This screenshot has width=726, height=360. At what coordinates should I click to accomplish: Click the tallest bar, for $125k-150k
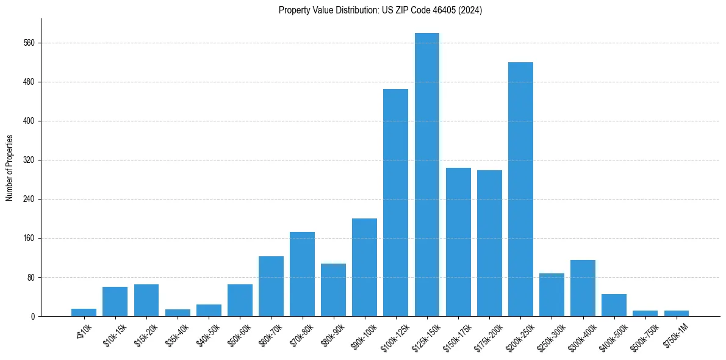(x=426, y=175)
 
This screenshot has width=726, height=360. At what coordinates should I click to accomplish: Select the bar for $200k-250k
(x=520, y=189)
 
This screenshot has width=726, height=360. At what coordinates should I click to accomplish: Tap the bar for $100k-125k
(x=395, y=203)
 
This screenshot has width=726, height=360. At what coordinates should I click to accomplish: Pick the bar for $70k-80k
(x=302, y=274)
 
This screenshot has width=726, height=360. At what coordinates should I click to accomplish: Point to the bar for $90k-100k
(x=364, y=267)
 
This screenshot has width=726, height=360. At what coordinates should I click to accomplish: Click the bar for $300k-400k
(x=583, y=288)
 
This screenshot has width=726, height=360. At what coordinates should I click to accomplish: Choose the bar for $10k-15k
(x=115, y=301)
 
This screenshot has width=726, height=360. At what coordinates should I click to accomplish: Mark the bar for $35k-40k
(x=178, y=312)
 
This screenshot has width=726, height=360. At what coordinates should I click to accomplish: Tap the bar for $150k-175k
(x=458, y=242)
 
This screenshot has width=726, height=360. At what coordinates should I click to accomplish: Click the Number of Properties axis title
(x=10, y=168)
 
